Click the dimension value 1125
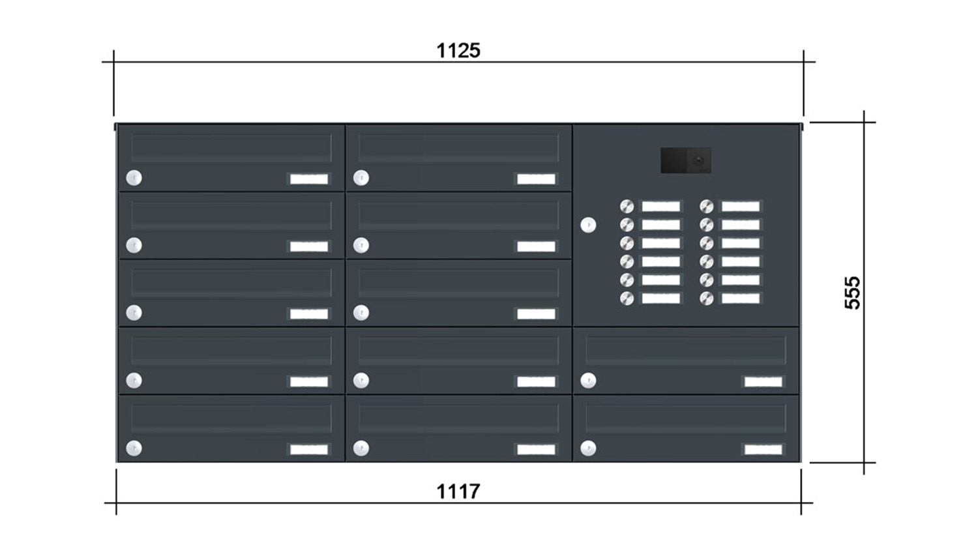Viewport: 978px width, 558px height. (458, 51)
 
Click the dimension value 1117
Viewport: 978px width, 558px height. (458, 492)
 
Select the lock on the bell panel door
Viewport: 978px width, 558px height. (588, 225)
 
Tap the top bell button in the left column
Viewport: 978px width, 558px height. (627, 206)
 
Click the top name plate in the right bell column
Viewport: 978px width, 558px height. (740, 206)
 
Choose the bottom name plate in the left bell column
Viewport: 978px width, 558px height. (660, 298)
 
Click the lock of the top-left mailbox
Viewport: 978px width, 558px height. (134, 178)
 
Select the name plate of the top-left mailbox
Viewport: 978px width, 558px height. (308, 179)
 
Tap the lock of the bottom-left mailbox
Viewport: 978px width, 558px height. (134, 448)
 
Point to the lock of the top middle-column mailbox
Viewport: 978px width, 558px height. (361, 178)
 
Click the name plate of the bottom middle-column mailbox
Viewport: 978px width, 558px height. (536, 449)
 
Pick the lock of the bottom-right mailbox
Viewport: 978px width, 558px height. (588, 448)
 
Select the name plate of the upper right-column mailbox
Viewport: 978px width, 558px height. (763, 381)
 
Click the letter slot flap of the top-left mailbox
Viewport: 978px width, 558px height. (231, 149)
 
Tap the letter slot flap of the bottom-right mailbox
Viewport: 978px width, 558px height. (685, 419)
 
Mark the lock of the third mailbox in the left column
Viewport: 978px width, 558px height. (134, 313)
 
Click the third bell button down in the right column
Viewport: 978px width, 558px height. (706, 242)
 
